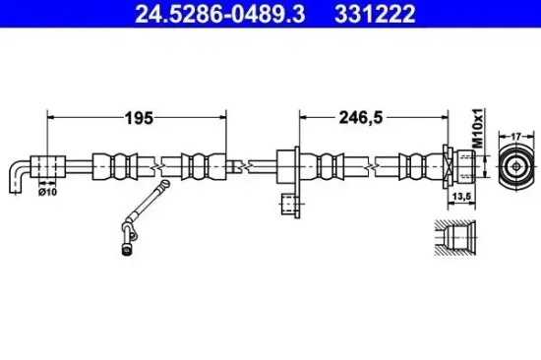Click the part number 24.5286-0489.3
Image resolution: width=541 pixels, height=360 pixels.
pos(219,14)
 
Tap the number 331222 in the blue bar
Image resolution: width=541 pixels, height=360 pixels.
pos(375,14)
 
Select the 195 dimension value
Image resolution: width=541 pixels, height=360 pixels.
pos(139,118)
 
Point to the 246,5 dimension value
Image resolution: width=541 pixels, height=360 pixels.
pos(361,118)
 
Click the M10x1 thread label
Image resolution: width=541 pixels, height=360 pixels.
pos(478,128)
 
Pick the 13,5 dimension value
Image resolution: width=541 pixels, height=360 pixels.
pos(461,197)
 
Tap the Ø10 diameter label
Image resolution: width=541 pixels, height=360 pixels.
pos(47,192)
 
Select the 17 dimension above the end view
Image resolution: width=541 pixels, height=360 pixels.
pos(515,137)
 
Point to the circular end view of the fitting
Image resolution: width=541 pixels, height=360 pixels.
pos(516,166)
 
